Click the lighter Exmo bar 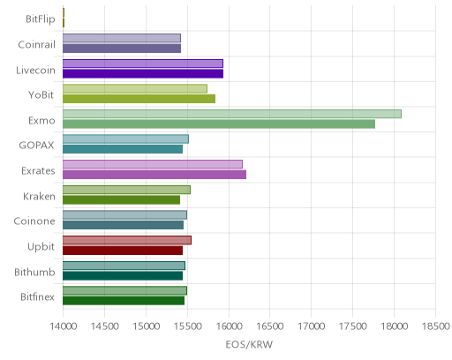tap(232, 114)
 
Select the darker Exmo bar tap(219, 124)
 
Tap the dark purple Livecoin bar tap(143, 73)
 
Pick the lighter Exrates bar tap(153, 164)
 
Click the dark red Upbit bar tap(123, 251)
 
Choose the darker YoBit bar tap(139, 99)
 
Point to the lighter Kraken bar tap(126, 190)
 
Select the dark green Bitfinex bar tap(124, 301)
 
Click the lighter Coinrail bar tap(122, 38)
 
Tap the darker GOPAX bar tap(123, 149)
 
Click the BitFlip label tap(41, 19)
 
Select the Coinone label tap(34, 221)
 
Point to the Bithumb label tap(34, 272)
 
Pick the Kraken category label tap(39, 196)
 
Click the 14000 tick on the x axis tap(64, 326)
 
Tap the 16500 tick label tap(270, 326)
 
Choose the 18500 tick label tap(435, 326)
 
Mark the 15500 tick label tap(187, 326)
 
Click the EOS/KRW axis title tap(249, 344)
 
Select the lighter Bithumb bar tap(124, 266)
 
